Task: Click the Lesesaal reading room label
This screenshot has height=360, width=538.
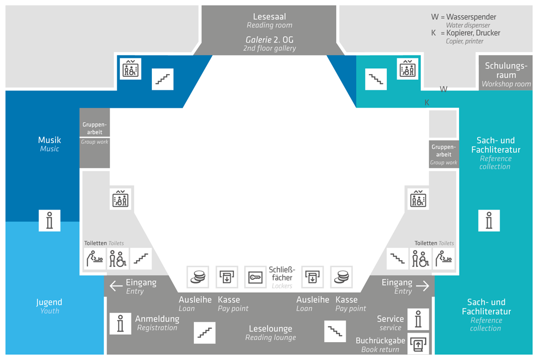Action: (x=270, y=20)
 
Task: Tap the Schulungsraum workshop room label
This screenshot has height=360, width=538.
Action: (x=506, y=75)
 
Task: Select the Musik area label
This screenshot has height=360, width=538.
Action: (x=49, y=144)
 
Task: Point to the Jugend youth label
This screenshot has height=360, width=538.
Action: (x=49, y=306)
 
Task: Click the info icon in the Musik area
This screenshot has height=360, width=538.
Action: (x=49, y=220)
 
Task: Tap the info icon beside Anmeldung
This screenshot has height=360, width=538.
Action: (x=120, y=323)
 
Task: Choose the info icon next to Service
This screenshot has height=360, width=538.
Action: (x=418, y=319)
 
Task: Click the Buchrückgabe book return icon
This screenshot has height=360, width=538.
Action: (x=418, y=344)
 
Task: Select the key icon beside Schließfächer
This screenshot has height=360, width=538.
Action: (x=255, y=277)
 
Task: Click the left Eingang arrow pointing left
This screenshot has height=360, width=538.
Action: (x=116, y=285)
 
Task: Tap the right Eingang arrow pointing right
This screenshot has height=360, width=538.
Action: (x=423, y=285)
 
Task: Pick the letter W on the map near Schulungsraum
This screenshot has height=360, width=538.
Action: (x=443, y=89)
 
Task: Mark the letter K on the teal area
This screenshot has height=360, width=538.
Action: (x=427, y=102)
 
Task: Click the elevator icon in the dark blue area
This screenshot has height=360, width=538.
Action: (x=130, y=69)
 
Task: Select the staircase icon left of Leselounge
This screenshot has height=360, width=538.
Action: (x=204, y=333)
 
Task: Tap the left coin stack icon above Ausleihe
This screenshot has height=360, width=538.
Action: (x=198, y=277)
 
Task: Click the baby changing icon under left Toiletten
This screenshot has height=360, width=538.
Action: (x=95, y=259)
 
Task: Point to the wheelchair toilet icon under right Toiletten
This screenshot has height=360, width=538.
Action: (x=420, y=259)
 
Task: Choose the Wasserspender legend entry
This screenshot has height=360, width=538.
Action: (x=463, y=20)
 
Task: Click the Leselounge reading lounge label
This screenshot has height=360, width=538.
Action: (x=271, y=333)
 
